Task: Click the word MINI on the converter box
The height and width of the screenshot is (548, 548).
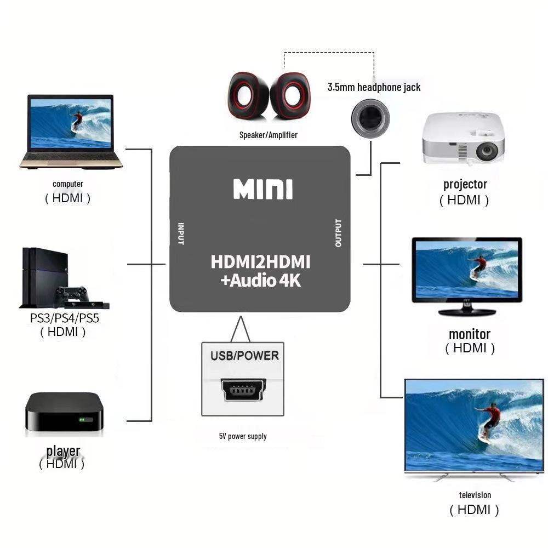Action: click(x=263, y=189)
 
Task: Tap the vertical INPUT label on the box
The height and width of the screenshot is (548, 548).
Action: click(x=181, y=233)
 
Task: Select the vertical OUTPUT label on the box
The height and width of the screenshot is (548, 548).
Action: click(x=338, y=233)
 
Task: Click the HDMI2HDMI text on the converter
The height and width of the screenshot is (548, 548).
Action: click(x=260, y=261)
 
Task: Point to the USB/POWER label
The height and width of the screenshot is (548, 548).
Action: click(x=244, y=356)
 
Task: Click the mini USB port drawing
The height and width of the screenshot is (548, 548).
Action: click(x=244, y=390)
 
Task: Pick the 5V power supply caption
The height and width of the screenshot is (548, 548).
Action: click(x=243, y=436)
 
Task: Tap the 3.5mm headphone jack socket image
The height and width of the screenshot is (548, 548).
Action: click(x=370, y=118)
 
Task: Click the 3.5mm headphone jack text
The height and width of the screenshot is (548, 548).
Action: click(x=374, y=87)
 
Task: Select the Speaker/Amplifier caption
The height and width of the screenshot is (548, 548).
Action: click(x=268, y=135)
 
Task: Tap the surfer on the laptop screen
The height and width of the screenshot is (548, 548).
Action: click(x=77, y=121)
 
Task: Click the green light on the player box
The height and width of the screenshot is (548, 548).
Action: click(x=82, y=420)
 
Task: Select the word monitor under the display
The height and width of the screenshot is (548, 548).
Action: click(x=470, y=334)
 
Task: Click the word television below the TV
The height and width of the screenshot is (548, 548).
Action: click(x=475, y=495)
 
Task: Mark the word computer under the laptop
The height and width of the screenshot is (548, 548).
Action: click(x=68, y=184)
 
